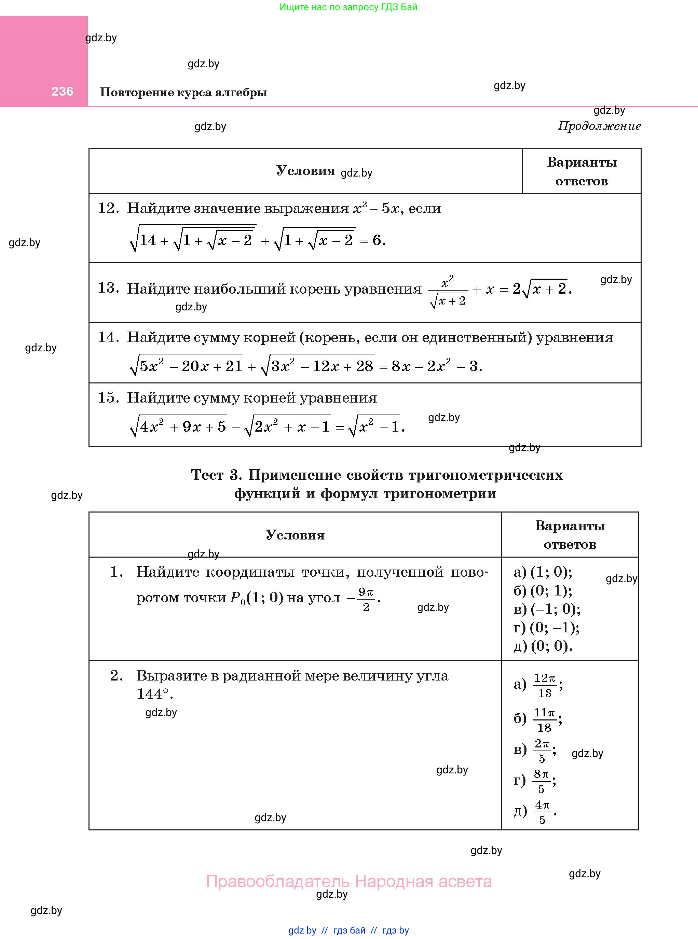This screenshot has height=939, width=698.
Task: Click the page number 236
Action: point(63,91)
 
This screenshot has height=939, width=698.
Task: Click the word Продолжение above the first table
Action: point(599,126)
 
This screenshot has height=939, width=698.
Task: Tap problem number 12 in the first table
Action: point(108,208)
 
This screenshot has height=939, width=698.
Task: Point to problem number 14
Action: point(108,337)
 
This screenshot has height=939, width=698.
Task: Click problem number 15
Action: point(108,398)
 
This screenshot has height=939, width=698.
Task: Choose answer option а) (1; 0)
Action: point(543,572)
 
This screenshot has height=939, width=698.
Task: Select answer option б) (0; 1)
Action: point(543,590)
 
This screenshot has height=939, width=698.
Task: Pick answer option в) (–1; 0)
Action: point(547,609)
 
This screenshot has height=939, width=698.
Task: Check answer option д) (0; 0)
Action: point(543,646)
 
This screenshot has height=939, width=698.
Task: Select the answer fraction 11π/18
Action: point(544,719)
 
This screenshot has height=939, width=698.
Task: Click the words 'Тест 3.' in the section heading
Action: point(216,475)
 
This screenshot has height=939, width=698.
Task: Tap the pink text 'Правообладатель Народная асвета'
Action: point(348,882)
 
